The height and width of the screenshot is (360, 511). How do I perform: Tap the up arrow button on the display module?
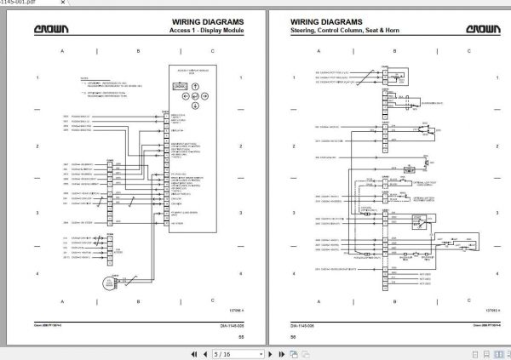195,86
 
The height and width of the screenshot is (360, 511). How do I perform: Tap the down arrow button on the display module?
195,106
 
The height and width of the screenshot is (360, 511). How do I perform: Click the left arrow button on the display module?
186,96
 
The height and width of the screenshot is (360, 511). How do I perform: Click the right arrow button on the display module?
204,96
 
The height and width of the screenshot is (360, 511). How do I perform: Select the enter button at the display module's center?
195,96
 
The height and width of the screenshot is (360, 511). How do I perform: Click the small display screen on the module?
180,86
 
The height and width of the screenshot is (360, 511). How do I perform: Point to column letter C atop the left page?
212,52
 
